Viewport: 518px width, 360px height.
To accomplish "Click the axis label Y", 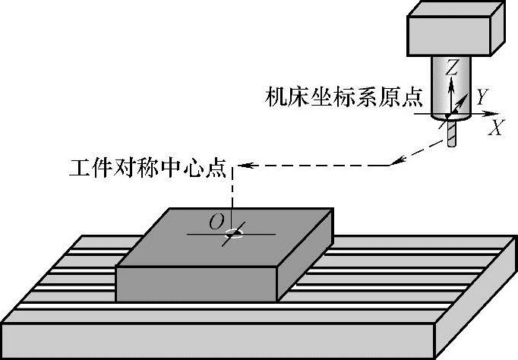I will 480,96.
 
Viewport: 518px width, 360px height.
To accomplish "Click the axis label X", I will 496,128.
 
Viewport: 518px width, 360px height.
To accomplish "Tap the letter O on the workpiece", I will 216,222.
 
